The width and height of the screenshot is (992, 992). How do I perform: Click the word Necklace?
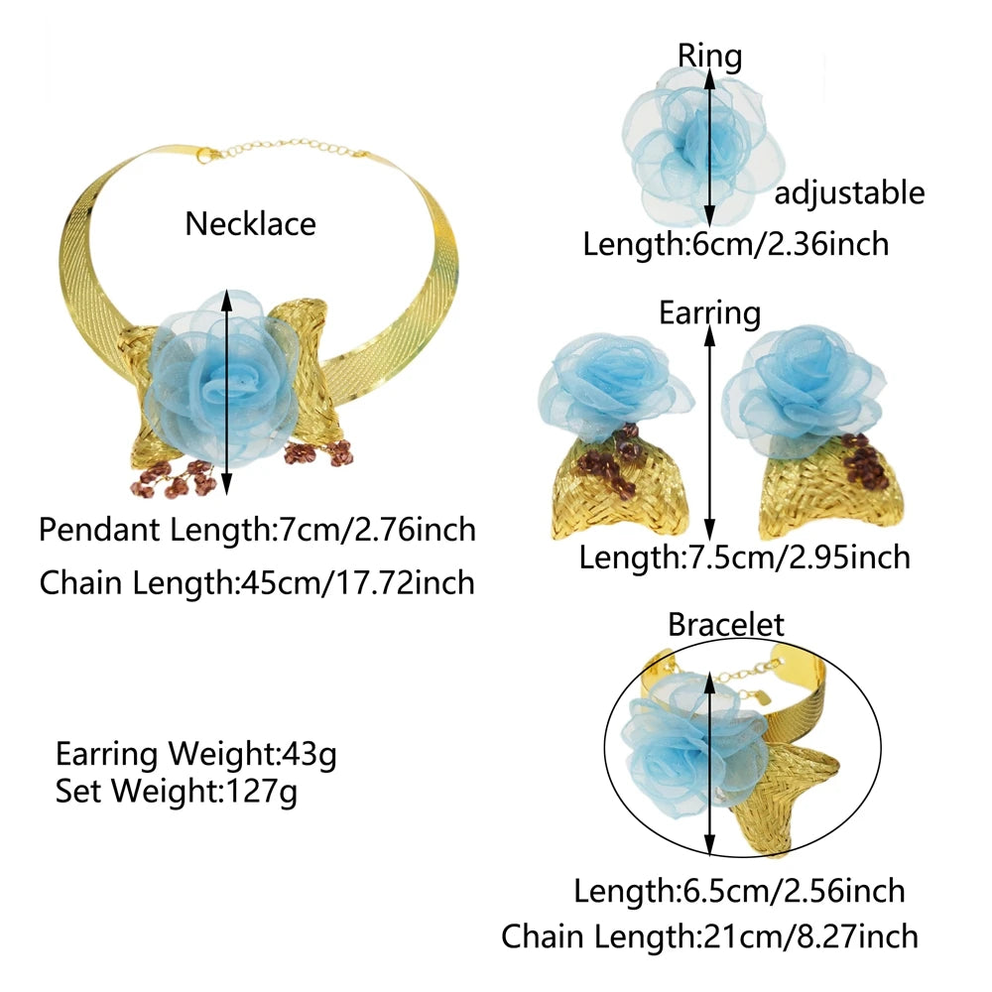(251, 224)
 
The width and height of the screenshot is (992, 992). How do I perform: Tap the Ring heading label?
(710, 57)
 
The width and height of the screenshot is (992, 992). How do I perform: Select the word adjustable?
(850, 192)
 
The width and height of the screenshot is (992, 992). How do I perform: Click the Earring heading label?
(710, 313)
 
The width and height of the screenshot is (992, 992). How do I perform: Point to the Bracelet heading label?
(726, 624)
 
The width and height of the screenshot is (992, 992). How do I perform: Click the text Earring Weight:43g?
(196, 754)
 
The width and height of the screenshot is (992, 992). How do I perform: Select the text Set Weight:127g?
(176, 791)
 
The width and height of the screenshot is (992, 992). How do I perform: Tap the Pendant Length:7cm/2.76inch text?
(258, 530)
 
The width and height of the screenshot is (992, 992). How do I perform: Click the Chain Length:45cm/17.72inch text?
(258, 582)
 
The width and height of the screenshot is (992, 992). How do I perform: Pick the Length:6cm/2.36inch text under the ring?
(736, 244)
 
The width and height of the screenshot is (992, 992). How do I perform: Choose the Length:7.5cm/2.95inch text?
(745, 558)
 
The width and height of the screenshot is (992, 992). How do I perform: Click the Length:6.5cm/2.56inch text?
(740, 892)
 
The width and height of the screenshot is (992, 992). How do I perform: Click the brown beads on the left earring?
(610, 458)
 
